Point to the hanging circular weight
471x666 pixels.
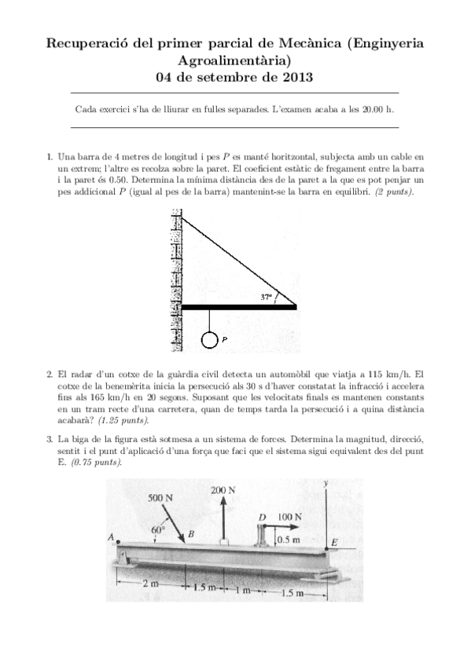pos(209,339)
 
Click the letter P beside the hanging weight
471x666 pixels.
pos(225,340)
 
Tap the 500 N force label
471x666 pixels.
pos(161,499)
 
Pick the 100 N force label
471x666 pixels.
pos(290,517)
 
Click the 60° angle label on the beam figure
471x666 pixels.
pos(157,529)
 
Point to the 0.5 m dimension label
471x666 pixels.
pos(289,540)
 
